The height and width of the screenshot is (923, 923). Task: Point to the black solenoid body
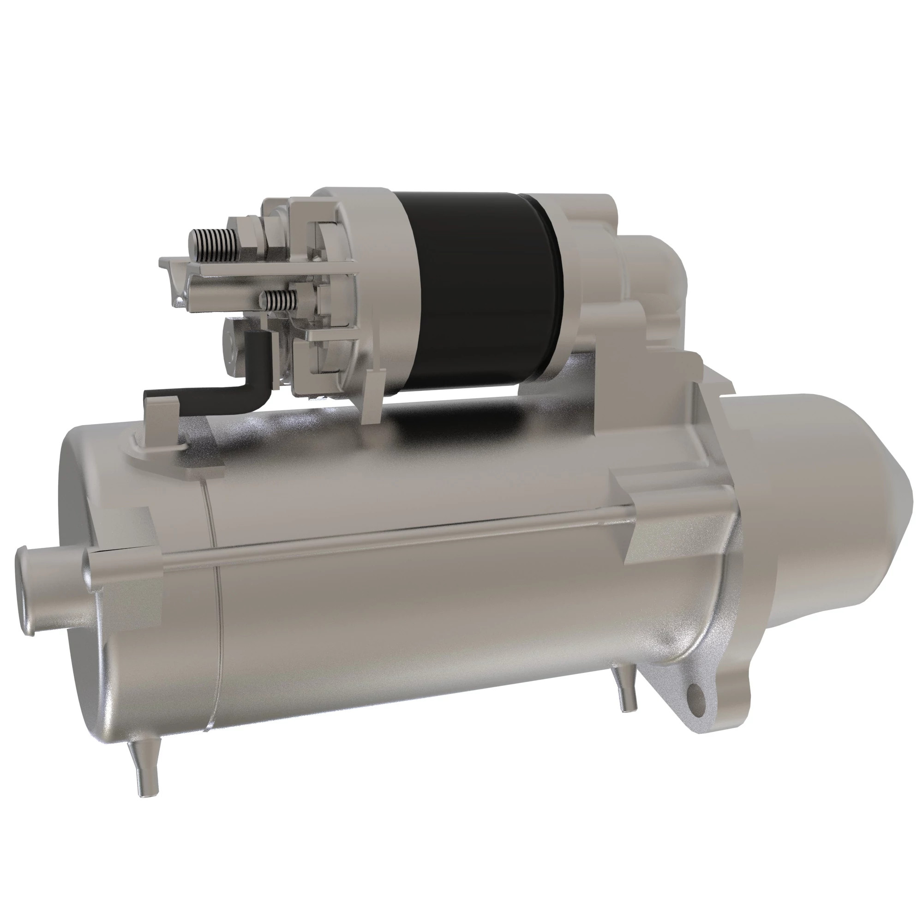478,291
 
